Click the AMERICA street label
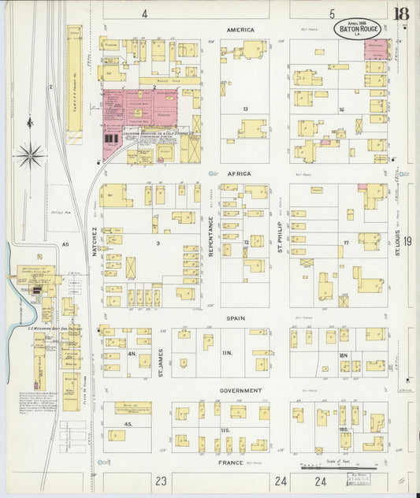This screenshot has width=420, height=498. (240, 30)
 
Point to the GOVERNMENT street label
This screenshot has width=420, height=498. (240, 391)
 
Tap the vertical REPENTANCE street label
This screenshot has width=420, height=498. (211, 234)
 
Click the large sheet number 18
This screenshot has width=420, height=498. (403, 13)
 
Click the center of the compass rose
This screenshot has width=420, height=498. (30, 154)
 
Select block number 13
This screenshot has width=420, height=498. (246, 109)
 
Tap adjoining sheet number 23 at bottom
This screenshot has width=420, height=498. (161, 480)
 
